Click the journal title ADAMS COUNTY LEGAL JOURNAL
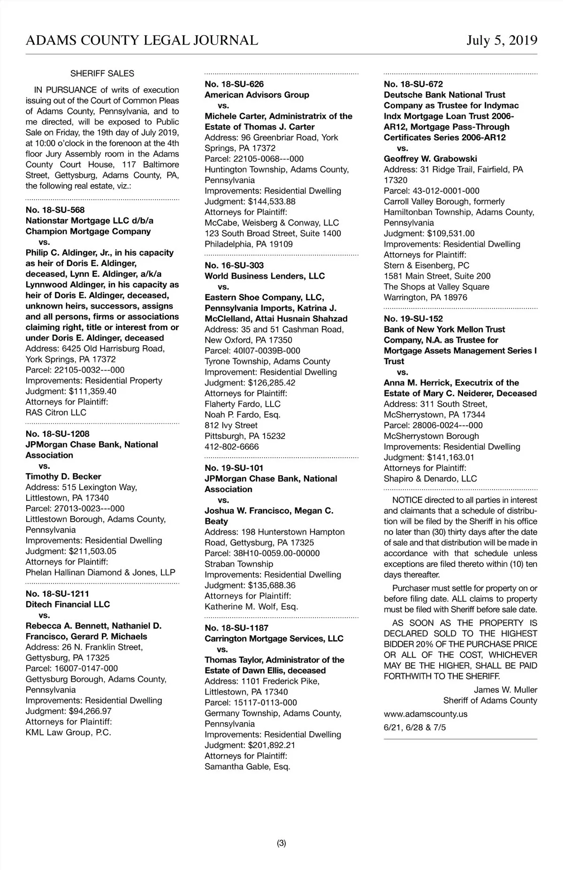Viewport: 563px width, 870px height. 142,40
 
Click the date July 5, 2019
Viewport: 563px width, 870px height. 502,40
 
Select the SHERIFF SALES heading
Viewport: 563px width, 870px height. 102,74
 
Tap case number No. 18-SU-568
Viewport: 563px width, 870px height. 55,210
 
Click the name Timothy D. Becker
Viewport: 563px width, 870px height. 63,477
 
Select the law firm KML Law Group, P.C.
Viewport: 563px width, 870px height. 68,733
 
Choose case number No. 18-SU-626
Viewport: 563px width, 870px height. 234,84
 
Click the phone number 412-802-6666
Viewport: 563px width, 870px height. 232,447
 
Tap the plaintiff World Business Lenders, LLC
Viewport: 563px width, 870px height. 265,276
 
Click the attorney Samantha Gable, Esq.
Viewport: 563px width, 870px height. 247,767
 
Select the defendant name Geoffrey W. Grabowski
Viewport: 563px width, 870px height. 430,159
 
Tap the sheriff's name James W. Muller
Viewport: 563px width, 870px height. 505,690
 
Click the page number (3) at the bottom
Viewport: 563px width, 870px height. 281,843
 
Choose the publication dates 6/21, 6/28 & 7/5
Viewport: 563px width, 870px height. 415,728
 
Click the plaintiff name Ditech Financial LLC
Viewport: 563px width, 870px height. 68,605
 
